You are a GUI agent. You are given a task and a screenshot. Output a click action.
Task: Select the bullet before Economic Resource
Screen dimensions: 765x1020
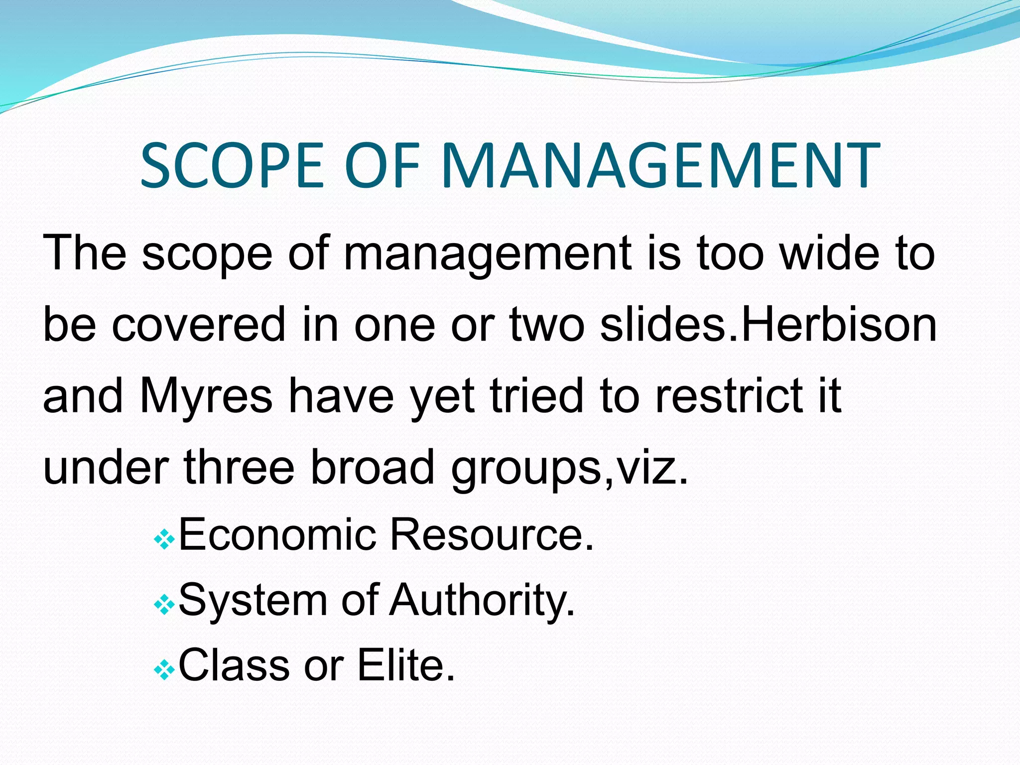click(x=164, y=539)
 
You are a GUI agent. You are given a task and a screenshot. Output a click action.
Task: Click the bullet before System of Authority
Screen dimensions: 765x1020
click(x=164, y=605)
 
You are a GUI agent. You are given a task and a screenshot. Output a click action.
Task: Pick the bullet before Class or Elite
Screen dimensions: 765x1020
click(x=164, y=671)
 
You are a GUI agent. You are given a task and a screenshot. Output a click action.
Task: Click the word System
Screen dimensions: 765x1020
click(x=253, y=600)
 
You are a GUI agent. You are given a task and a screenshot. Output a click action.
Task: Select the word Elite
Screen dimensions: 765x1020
click(x=406, y=665)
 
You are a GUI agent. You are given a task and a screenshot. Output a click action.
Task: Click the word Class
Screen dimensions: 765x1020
click(x=234, y=665)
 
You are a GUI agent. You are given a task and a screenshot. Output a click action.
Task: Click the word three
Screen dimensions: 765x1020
click(x=239, y=467)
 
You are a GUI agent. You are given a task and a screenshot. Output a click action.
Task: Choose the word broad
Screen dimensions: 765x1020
click(x=373, y=467)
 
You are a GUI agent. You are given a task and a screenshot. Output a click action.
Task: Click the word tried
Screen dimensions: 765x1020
click(x=536, y=396)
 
